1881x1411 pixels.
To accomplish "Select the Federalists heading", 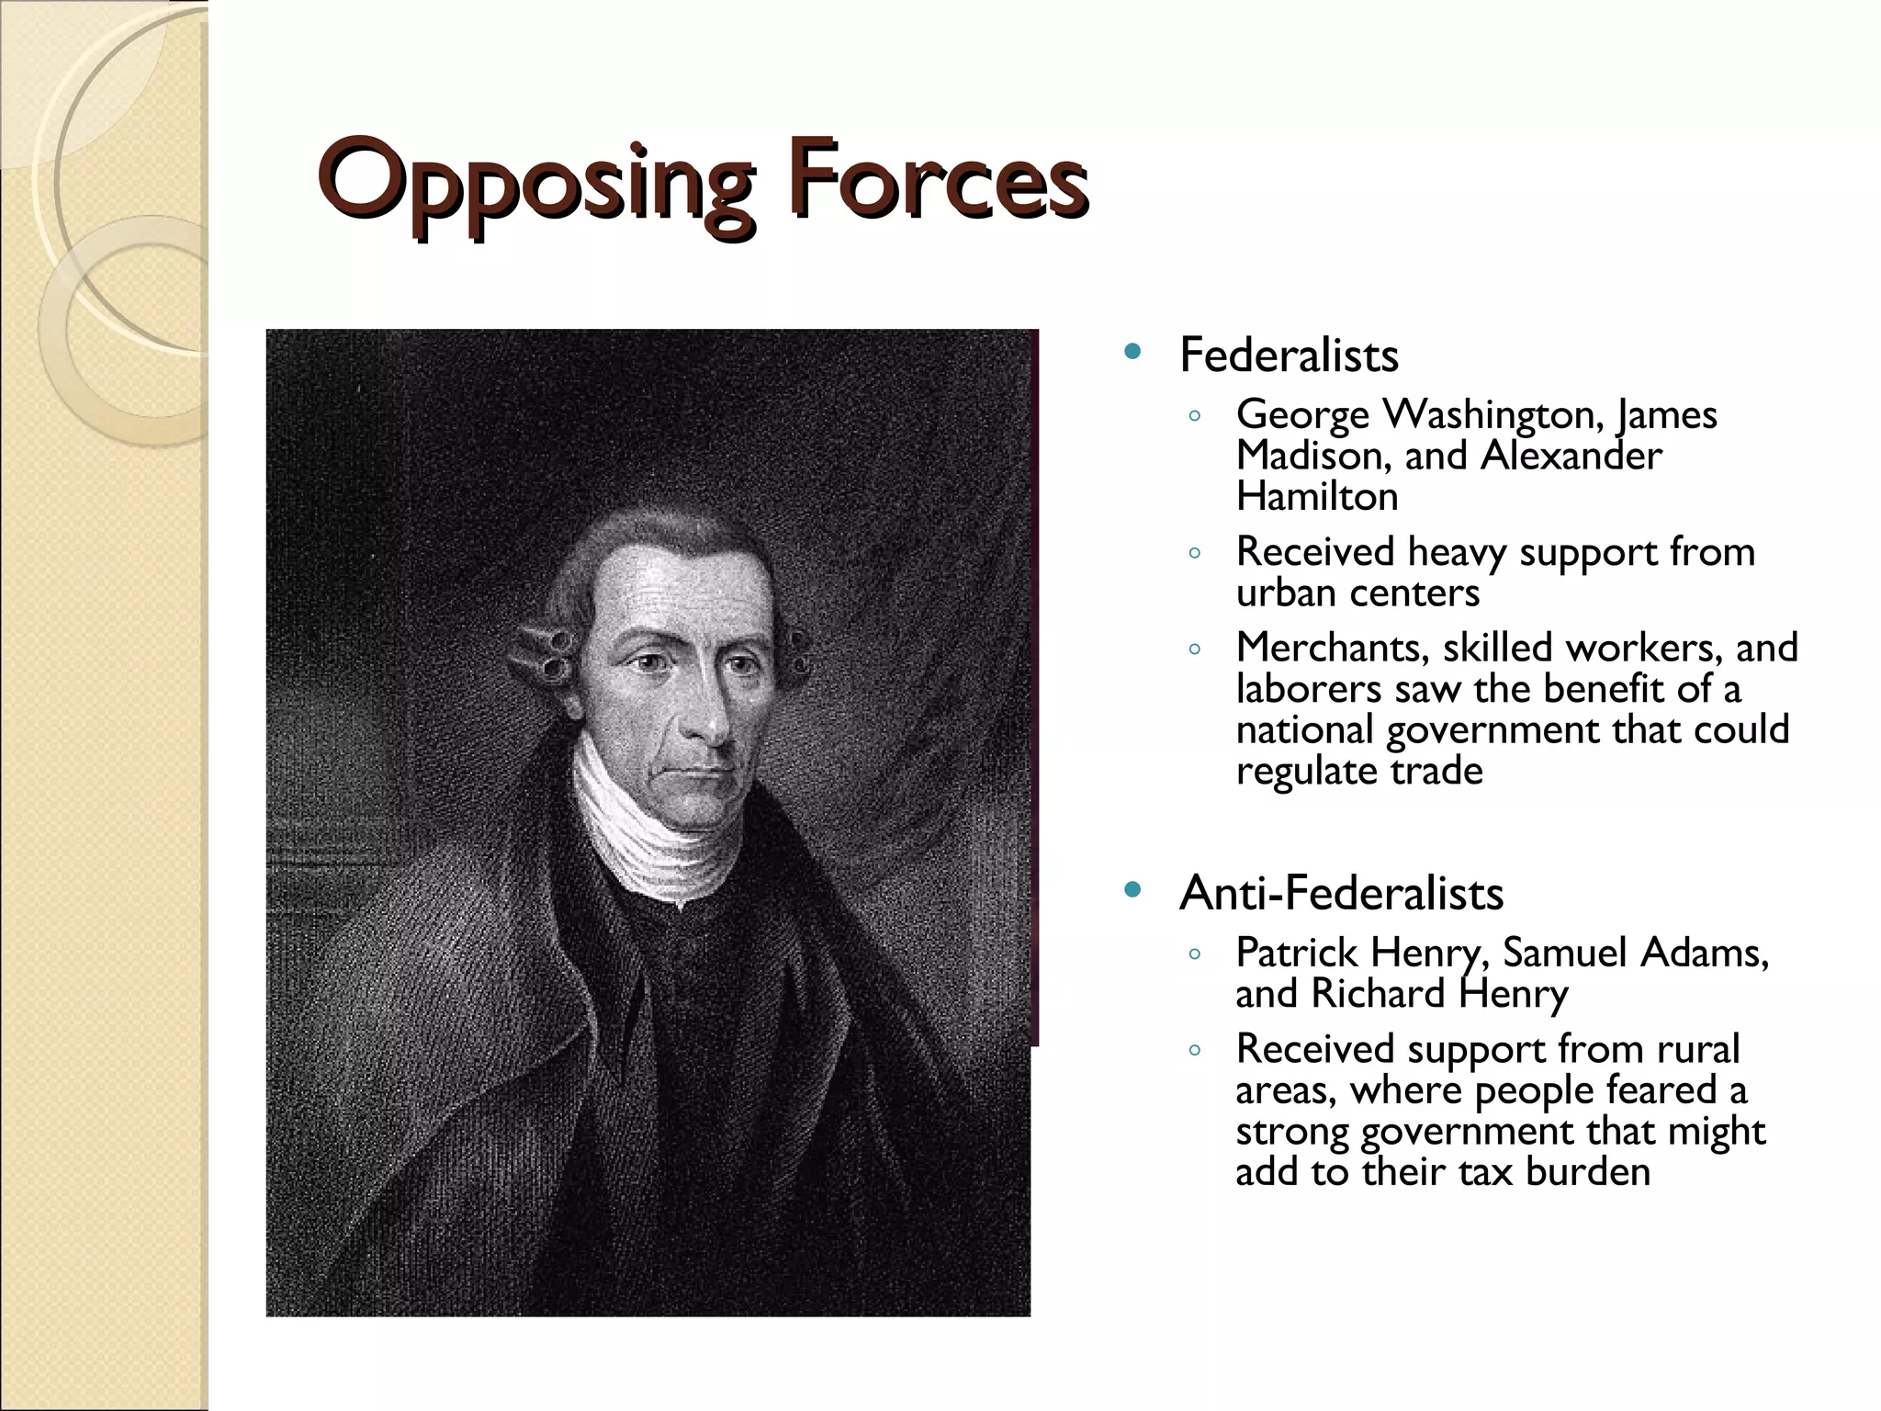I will pyautogui.click(x=1288, y=356).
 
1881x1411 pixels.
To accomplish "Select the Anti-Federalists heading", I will pyautogui.click(x=1341, y=893).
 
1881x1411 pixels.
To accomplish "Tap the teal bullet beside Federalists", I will pyautogui.click(x=1132, y=352).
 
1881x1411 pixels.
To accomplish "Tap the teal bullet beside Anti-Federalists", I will pyautogui.click(x=1132, y=889).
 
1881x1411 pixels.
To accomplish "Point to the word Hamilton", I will pyautogui.click(x=1317, y=497).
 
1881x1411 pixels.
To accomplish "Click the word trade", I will pyautogui.click(x=1436, y=771).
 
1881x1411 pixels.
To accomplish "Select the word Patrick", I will pyautogui.click(x=1296, y=953).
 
